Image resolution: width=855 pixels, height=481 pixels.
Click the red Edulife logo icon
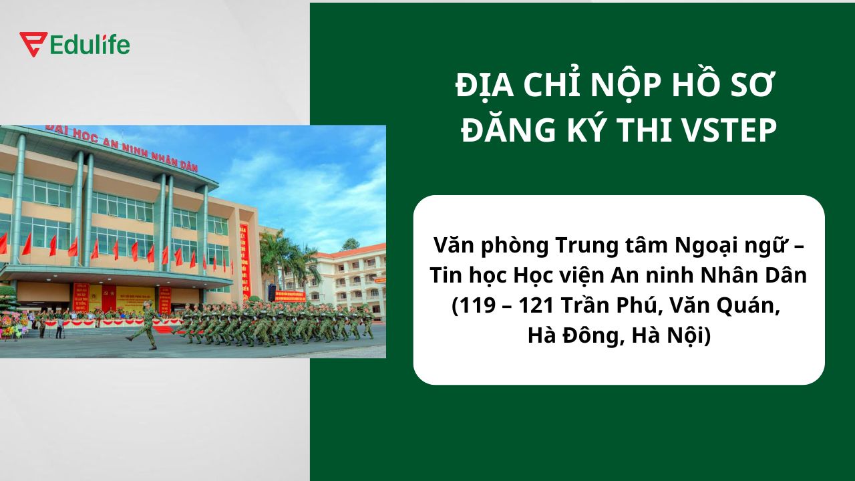point(33,44)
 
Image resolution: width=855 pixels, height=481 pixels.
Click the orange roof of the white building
point(361,251)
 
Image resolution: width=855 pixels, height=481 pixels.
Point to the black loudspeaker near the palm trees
point(272,293)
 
